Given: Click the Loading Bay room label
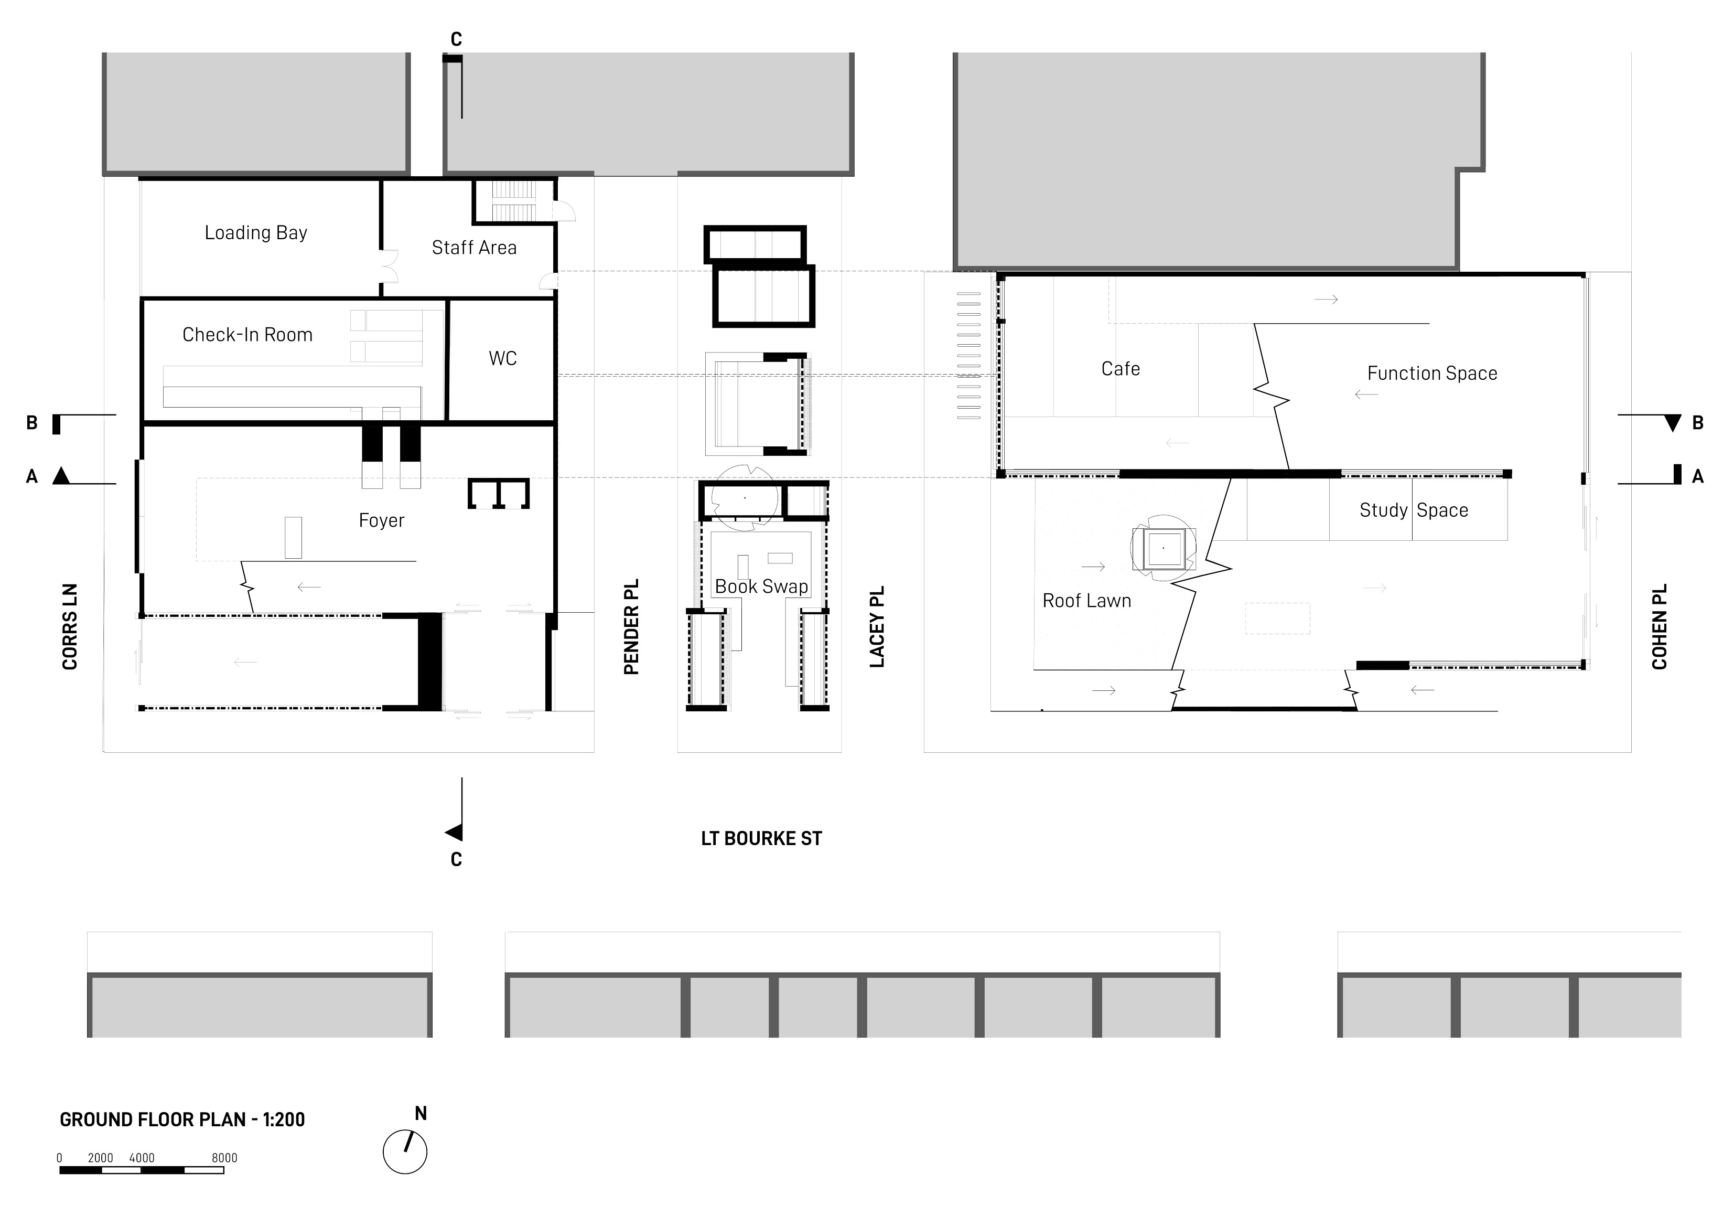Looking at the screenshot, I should (x=256, y=233).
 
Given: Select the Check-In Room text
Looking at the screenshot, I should (x=247, y=335).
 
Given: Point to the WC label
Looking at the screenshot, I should (x=502, y=358).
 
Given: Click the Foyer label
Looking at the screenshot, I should (x=381, y=520).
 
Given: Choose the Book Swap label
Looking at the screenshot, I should (x=761, y=586).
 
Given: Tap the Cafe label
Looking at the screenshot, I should (x=1120, y=369).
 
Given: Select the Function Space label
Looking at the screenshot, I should (x=1432, y=373).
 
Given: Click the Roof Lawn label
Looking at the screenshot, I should (x=1087, y=601).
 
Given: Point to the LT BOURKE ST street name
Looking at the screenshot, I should (x=761, y=839).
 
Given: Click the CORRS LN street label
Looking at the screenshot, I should (x=70, y=626).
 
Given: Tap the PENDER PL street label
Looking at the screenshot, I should (x=631, y=626).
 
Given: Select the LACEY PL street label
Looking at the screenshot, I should (x=877, y=626).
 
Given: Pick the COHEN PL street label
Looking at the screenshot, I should (x=1659, y=626).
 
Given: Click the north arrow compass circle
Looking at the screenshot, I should (x=405, y=1152).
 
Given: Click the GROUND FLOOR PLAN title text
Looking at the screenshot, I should (x=182, y=1119).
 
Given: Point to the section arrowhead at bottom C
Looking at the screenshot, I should (x=454, y=833).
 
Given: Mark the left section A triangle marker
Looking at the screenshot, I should (x=61, y=476).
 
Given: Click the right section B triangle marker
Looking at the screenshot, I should (x=1673, y=423).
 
